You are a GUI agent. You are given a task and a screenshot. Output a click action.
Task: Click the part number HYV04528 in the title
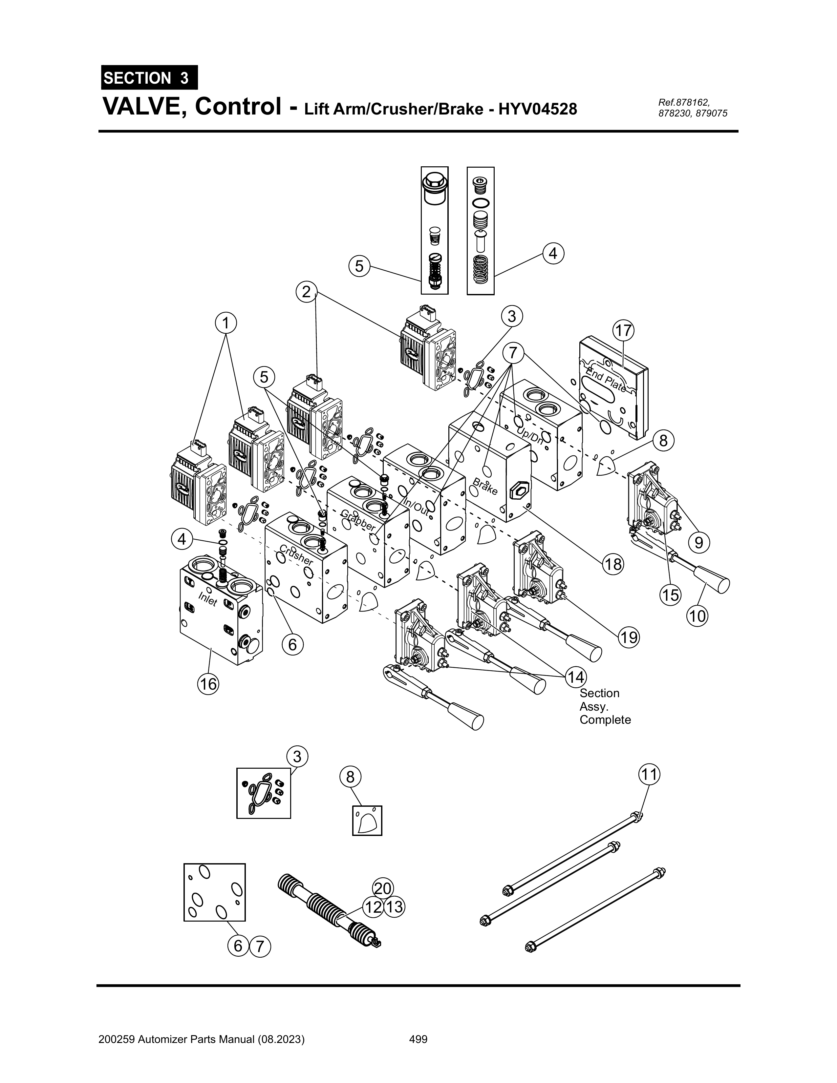(538, 109)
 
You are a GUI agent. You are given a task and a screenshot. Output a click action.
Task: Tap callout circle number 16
(208, 684)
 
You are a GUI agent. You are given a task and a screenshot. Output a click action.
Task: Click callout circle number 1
(226, 323)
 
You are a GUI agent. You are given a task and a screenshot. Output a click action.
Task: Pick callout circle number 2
(307, 292)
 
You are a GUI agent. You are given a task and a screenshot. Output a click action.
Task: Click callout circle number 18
(613, 564)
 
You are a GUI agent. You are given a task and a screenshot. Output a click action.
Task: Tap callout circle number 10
(697, 616)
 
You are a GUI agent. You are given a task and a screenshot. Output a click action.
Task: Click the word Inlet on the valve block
(207, 599)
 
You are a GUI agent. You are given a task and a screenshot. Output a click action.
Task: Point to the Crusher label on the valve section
(296, 555)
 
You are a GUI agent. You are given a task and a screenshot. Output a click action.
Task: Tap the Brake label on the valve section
(485, 486)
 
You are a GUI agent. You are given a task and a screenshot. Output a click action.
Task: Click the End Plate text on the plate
(606, 379)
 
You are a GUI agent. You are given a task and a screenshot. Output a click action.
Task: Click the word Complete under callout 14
(605, 719)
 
